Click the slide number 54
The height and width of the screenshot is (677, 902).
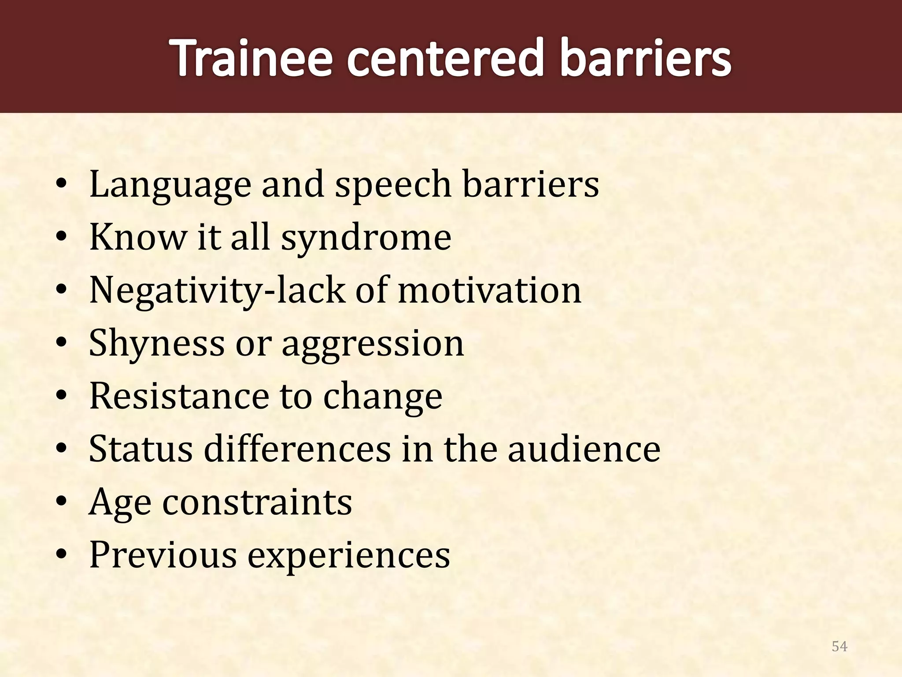[839, 646]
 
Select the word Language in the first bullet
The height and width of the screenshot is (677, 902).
[170, 185]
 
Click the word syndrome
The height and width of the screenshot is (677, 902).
[366, 238]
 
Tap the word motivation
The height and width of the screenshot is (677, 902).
[489, 291]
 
